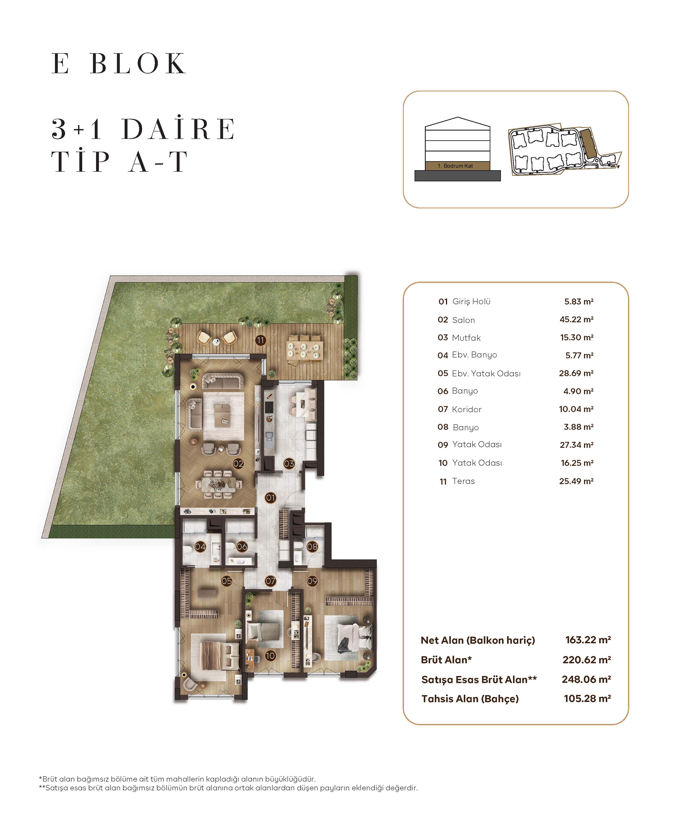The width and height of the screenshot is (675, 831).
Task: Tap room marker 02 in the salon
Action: tap(238, 463)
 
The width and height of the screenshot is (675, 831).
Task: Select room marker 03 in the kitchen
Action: tap(289, 463)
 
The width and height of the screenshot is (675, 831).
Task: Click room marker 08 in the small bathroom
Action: tap(312, 547)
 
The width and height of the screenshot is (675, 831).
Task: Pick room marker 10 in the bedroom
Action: tap(270, 656)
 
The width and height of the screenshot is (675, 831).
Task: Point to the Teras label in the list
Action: tap(464, 481)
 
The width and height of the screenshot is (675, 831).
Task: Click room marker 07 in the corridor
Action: tap(270, 581)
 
